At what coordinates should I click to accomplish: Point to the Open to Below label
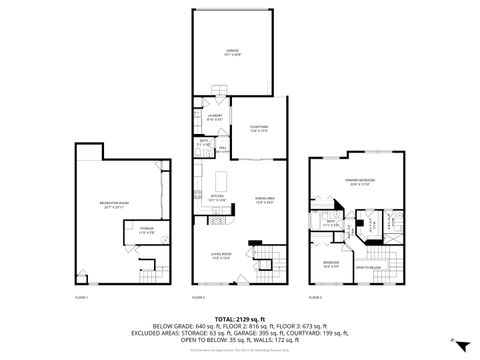pos(370,267)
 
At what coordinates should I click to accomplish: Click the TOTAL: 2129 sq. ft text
pos(239,317)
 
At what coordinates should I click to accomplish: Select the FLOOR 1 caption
pos(83,298)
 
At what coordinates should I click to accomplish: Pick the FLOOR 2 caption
pos(198,298)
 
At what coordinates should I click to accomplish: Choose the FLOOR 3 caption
pos(315,298)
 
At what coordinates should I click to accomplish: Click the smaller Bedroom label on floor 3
pos(329,264)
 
